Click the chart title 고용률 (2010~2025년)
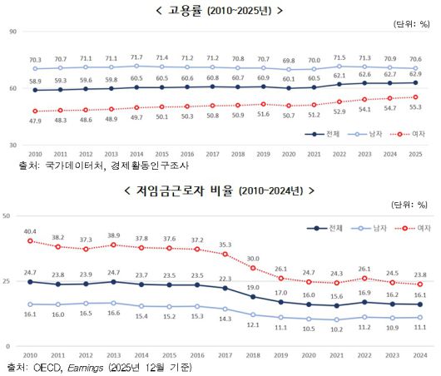coord(220,10)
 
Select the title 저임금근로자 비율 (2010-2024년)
coord(220,190)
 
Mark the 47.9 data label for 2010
coord(35,121)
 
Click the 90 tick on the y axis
coord(12,32)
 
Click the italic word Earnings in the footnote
coord(89,366)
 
